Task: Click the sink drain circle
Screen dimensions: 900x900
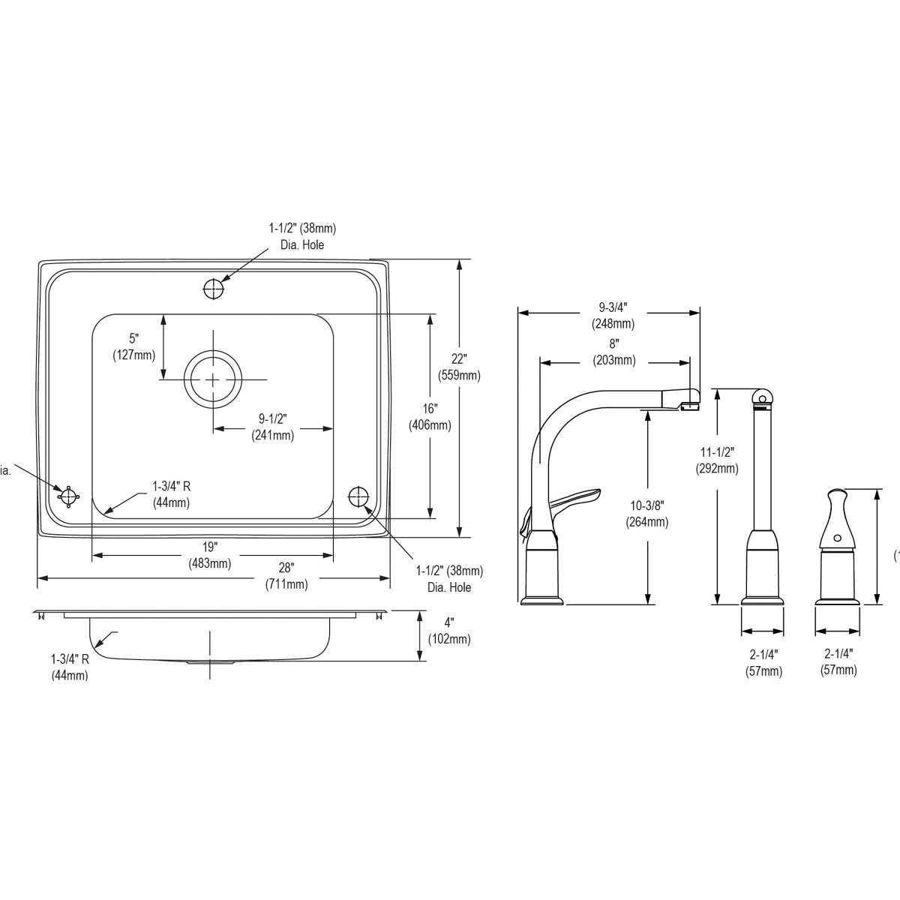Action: click(214, 379)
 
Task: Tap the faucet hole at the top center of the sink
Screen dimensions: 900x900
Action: click(214, 288)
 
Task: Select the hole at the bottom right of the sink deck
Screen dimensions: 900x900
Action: click(358, 496)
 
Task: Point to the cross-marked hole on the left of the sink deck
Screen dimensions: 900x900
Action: click(68, 496)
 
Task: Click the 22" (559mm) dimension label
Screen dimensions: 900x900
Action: click(459, 366)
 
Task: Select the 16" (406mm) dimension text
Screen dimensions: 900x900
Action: click(429, 416)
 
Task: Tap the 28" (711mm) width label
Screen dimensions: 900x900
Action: click(286, 576)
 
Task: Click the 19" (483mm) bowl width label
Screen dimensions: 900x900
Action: click(209, 555)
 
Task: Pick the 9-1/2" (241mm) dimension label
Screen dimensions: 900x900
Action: click(272, 427)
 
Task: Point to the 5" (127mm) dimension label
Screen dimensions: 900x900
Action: click(133, 346)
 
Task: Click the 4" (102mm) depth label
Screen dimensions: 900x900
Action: click(448, 631)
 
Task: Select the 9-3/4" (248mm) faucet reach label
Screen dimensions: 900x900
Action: click(613, 315)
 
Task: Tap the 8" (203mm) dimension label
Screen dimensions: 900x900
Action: click(613, 352)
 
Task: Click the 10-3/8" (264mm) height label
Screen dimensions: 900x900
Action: click(646, 514)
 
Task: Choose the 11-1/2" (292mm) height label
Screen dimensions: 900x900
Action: click(717, 460)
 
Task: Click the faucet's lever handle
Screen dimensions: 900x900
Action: click(577, 497)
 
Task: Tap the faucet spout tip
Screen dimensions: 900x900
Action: click(691, 405)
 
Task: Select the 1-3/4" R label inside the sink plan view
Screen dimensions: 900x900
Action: click(171, 493)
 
